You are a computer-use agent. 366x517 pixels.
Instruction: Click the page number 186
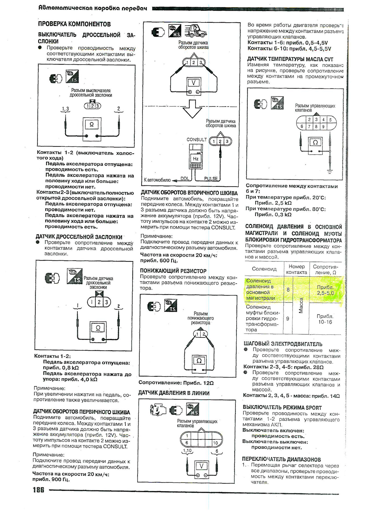click(38, 489)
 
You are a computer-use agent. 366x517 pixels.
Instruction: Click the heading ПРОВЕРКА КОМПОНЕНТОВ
click(74, 24)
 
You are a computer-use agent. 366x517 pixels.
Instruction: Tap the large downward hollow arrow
click(192, 109)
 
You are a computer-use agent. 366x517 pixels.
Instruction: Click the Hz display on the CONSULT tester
click(196, 159)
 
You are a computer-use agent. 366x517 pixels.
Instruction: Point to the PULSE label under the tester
click(211, 179)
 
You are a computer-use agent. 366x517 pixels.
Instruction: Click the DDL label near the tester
click(185, 179)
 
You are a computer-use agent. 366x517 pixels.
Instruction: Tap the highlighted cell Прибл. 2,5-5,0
click(325, 290)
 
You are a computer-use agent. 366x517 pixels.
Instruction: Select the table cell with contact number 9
click(288, 319)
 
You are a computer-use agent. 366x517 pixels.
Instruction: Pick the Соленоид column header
click(264, 269)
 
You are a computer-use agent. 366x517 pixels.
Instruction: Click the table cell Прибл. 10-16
click(325, 319)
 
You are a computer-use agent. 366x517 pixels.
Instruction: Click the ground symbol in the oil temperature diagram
click(330, 171)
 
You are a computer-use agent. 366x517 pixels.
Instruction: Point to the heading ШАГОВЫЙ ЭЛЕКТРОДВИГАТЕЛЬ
click(283, 344)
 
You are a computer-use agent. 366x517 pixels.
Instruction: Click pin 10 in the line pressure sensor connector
click(215, 443)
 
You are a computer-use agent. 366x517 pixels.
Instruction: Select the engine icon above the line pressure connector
click(158, 410)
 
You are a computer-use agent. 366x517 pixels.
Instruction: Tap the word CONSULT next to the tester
click(196, 139)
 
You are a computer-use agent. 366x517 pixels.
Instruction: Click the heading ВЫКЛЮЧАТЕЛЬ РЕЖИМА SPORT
click(282, 408)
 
